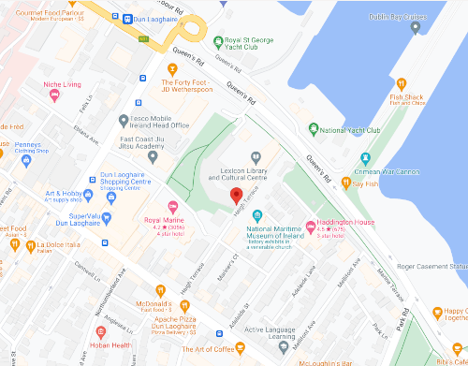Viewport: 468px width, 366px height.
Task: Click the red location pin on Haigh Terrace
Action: coord(237,196)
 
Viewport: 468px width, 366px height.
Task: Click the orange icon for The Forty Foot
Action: coord(171,68)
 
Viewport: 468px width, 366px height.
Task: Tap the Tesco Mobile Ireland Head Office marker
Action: coord(124,120)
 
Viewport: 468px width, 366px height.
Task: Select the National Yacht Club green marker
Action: coord(314,130)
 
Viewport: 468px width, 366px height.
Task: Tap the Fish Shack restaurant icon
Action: coord(402,83)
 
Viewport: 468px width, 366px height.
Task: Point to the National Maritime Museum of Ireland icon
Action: coord(256,216)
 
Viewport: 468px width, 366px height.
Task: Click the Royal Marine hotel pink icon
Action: coord(171,207)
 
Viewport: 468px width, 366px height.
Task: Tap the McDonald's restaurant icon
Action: coord(161,291)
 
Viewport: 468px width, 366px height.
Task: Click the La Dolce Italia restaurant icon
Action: coord(16,246)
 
